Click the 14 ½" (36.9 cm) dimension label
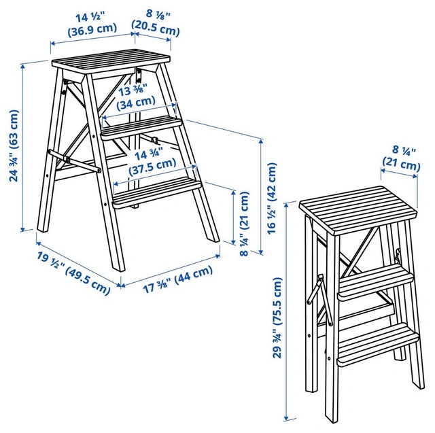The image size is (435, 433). [x=92, y=23]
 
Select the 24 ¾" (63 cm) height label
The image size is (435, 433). [x=14, y=145]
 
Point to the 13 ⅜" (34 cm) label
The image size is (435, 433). [x=136, y=97]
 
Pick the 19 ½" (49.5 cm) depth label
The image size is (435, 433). [x=74, y=273]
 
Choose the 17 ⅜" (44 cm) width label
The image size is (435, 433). [x=178, y=279]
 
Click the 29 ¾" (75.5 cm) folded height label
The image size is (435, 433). [x=277, y=317]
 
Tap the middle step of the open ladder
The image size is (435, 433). [x=141, y=128]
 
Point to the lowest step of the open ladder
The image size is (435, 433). [x=156, y=192]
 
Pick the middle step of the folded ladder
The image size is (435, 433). [x=375, y=283]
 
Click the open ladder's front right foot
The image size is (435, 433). [x=213, y=238]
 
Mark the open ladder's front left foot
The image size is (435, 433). [x=119, y=266]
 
